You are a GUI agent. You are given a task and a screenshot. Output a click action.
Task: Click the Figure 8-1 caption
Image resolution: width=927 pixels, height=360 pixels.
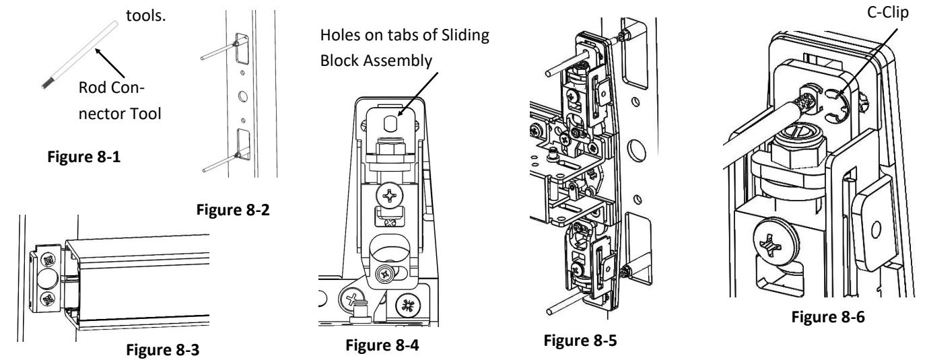click(x=84, y=157)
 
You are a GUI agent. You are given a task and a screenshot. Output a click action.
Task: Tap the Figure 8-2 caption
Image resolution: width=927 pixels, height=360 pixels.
click(x=233, y=210)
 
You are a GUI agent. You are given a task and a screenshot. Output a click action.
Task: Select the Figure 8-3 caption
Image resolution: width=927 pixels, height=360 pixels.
click(x=163, y=350)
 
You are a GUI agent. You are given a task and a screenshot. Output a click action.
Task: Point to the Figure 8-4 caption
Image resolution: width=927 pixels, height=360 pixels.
click(x=382, y=345)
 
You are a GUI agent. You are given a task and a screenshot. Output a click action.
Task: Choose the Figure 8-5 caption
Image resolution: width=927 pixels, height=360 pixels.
click(x=580, y=340)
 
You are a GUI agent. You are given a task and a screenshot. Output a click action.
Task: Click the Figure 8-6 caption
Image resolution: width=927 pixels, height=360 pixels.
click(x=828, y=317)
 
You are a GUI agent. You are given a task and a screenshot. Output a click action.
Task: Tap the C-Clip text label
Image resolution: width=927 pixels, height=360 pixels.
click(x=888, y=12)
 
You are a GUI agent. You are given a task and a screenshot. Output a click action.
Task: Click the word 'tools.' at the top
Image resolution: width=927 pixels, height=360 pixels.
click(x=145, y=15)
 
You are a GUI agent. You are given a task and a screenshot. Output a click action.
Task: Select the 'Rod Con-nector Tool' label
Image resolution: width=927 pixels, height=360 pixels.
click(x=120, y=100)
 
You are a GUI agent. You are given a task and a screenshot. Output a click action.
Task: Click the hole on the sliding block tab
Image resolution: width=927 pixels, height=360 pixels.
click(x=390, y=123)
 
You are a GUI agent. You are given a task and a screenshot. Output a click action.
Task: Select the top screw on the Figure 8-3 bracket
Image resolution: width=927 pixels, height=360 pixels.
click(x=49, y=260)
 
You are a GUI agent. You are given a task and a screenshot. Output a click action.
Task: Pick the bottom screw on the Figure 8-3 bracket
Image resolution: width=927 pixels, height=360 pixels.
click(x=49, y=299)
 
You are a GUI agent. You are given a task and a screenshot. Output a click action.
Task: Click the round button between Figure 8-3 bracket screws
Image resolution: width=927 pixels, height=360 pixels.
click(x=48, y=280)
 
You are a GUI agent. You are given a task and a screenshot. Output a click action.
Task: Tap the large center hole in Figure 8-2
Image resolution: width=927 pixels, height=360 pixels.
click(x=243, y=97)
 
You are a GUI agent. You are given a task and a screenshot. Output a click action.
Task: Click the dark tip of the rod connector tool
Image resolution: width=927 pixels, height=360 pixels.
click(x=46, y=83)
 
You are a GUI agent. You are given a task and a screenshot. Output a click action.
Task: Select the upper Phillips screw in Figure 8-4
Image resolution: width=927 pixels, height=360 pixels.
click(x=389, y=194)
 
